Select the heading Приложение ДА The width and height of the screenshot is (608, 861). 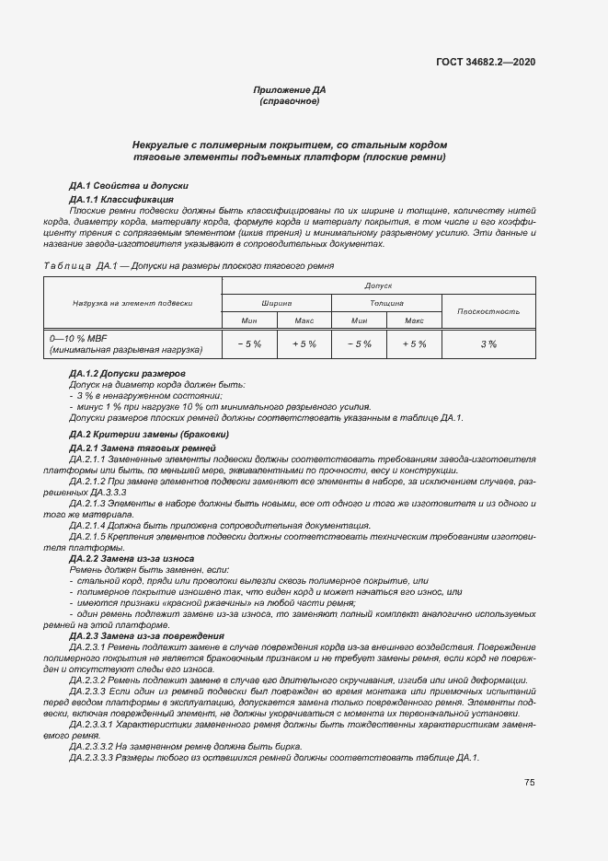[x=290, y=90]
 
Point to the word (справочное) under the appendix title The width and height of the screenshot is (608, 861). [x=290, y=101]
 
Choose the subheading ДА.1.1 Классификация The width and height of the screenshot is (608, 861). [x=121, y=199]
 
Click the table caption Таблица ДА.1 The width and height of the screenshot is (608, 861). [x=76, y=265]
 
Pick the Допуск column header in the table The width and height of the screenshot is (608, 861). [x=378, y=285]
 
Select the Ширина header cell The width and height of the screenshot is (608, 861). [x=277, y=303]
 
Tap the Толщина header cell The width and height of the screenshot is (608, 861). [x=386, y=303]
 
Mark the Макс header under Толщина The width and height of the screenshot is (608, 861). [x=414, y=320]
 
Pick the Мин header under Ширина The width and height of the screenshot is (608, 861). [x=249, y=320]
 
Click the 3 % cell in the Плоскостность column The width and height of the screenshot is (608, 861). [x=488, y=343]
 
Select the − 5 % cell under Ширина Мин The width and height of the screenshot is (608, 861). [x=249, y=343]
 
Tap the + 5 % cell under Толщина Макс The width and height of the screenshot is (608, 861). [x=414, y=343]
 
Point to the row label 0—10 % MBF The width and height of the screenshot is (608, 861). [x=78, y=338]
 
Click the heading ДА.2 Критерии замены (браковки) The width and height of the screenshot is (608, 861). [x=149, y=434]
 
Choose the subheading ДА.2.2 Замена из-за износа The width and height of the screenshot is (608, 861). [x=131, y=558]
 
